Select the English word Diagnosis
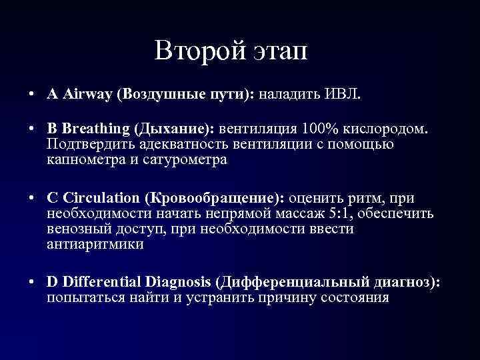[x=184, y=282]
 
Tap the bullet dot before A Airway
[x=33, y=95]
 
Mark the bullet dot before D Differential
[x=33, y=283]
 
